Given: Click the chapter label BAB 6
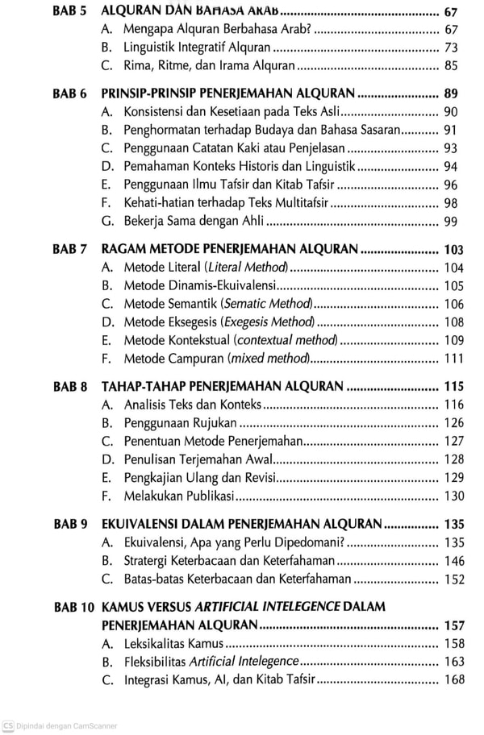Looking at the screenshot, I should click(x=69, y=93).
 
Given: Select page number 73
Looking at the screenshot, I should click(x=451, y=48).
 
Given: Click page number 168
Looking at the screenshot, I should click(x=454, y=680).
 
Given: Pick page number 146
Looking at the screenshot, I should click(x=454, y=561).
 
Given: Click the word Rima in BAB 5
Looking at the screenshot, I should click(x=137, y=66).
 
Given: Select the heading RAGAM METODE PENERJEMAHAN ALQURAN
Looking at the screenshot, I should click(x=229, y=249).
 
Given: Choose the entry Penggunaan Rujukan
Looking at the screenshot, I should click(x=180, y=423).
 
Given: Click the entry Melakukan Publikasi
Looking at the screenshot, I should click(x=178, y=496).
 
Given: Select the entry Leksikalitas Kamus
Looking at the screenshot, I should click(x=173, y=644).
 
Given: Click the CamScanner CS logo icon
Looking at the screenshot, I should click(x=7, y=725).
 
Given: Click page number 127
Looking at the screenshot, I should click(x=454, y=441).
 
